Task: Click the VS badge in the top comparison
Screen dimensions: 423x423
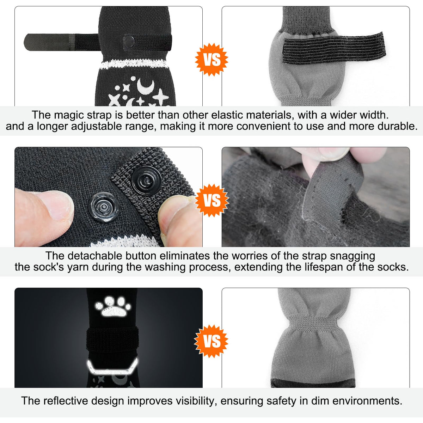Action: click(x=211, y=60)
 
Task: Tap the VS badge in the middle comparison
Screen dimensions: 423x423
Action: click(x=211, y=200)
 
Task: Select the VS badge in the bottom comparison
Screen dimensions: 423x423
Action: click(x=211, y=341)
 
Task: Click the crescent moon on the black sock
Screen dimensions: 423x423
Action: click(x=146, y=86)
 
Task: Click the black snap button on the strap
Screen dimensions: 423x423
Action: click(x=147, y=180)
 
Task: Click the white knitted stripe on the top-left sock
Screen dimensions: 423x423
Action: click(x=134, y=64)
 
